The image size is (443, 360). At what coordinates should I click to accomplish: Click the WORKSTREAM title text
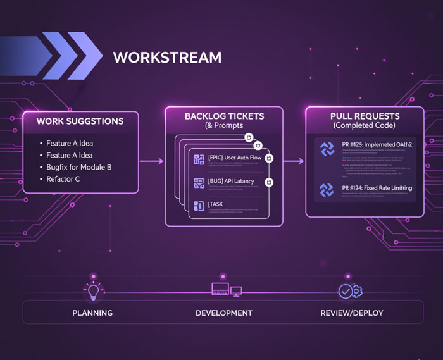[167, 58]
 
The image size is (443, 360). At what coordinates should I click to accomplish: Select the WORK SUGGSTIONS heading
[80, 121]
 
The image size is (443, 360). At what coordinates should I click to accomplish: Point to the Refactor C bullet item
[64, 179]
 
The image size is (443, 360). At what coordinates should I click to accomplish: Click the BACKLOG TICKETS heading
[224, 116]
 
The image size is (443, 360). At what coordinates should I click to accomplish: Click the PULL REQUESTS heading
[365, 116]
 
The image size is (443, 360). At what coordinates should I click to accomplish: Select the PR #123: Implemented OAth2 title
[376, 144]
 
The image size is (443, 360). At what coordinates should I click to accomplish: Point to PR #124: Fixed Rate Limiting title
[376, 188]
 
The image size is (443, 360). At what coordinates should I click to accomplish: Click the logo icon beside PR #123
[327, 149]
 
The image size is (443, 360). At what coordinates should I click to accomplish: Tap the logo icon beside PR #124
[327, 190]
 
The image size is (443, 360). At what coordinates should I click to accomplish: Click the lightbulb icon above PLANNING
[92, 292]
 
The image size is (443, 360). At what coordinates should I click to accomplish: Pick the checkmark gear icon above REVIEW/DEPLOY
[349, 292]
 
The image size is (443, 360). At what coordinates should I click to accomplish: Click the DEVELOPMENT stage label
[224, 313]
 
